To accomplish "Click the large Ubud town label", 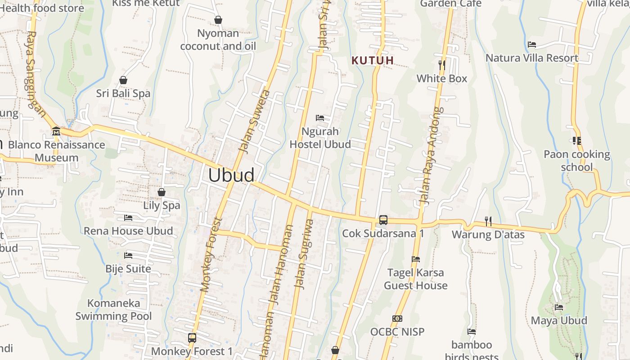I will tap(231, 175).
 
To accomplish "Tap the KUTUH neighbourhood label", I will tap(373, 60).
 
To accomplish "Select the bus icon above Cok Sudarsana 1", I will tap(383, 220).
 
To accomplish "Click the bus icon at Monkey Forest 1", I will tap(192, 337).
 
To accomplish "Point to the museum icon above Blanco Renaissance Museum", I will tap(56, 131).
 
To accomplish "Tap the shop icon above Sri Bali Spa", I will tap(123, 80).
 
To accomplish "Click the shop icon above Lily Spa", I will tap(162, 192).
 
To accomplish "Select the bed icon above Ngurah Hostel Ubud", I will tap(320, 118).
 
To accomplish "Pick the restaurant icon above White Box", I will tap(442, 65).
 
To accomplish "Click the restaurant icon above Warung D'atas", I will tap(488, 221).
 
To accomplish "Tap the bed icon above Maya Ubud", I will tap(559, 307).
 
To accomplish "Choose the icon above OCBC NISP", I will tap(397, 319).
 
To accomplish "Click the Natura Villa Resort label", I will tap(532, 58).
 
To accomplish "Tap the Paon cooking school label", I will tap(576, 161).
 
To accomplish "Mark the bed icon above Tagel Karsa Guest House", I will tap(416, 259).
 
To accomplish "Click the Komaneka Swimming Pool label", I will tap(113, 310).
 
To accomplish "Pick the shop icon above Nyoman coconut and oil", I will tap(218, 20).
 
